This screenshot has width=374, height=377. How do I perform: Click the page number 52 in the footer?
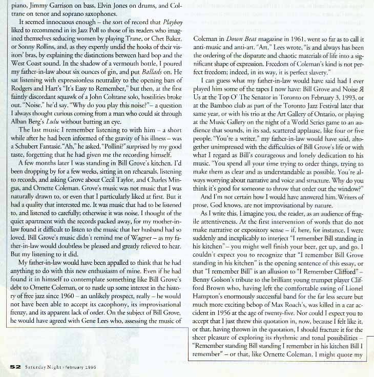point(14,366)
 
